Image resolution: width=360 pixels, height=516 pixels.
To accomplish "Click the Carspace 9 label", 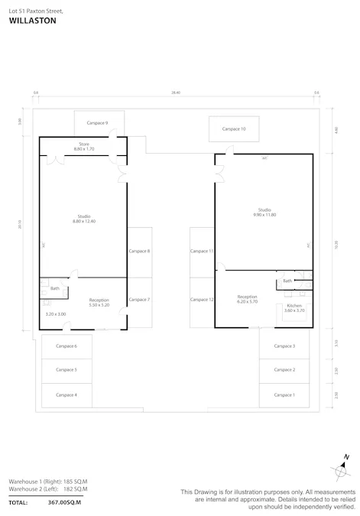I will [x=97, y=122].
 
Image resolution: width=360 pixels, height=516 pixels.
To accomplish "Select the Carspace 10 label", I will [x=234, y=129].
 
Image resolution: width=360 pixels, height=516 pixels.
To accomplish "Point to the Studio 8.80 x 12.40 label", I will [x=84, y=219].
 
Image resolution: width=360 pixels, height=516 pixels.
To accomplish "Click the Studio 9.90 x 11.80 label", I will [x=264, y=212].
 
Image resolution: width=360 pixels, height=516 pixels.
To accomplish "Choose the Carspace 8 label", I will [x=139, y=251].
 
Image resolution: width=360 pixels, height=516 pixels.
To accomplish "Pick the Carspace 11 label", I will [x=202, y=251].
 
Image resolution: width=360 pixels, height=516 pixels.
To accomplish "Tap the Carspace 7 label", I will [x=139, y=299].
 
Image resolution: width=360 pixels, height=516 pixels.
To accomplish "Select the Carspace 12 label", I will [x=202, y=299].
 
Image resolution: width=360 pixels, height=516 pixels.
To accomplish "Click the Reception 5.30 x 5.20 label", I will [x=99, y=302].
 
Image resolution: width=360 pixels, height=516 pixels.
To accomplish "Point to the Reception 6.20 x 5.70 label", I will [x=247, y=298].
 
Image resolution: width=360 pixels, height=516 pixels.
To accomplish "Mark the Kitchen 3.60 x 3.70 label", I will [x=294, y=308].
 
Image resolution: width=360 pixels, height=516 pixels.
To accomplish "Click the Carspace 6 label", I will [x=66, y=346].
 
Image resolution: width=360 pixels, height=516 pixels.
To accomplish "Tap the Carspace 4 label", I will [x=66, y=394].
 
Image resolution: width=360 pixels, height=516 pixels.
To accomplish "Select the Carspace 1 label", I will [x=284, y=394].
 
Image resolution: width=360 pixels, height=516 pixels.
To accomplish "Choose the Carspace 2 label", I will [x=284, y=370].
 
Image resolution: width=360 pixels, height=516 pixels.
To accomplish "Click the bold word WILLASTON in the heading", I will [x=32, y=21].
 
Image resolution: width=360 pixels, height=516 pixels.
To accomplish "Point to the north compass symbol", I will [x=342, y=469].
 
